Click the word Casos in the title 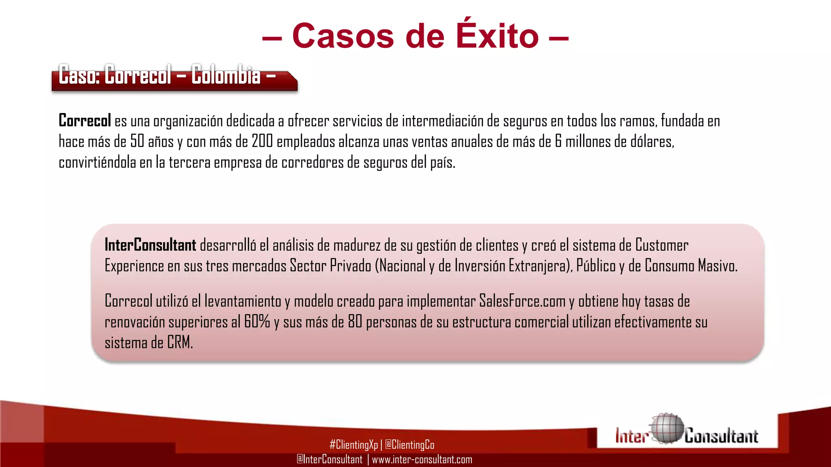(343, 36)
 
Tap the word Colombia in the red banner (226, 75)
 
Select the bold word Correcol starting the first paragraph (84, 121)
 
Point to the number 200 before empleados (262, 141)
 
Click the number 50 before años (137, 141)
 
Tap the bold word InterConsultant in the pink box (150, 245)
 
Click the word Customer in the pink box (662, 245)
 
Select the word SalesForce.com (522, 301)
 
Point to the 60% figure (257, 322)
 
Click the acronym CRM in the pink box (180, 343)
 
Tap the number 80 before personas (355, 322)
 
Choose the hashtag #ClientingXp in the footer (353, 445)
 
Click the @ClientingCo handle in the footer (409, 445)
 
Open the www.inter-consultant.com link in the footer (422, 459)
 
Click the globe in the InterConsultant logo (666, 429)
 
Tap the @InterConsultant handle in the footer (329, 459)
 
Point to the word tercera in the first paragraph (189, 163)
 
